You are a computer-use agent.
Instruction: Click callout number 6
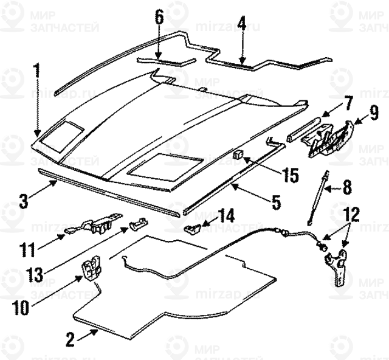click(159, 16)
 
